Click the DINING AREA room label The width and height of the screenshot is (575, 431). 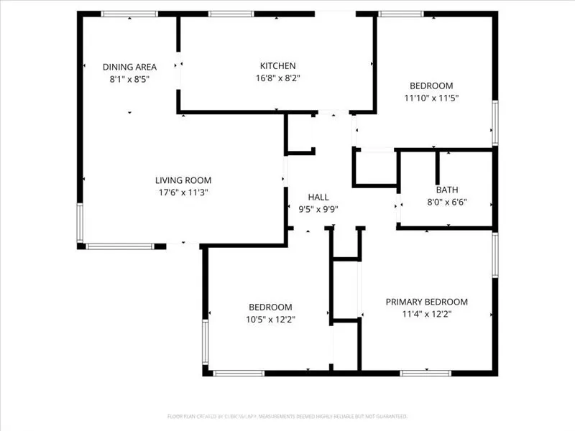[x=129, y=67]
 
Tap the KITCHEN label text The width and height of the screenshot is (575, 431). [x=277, y=66]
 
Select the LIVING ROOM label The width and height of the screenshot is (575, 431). [x=183, y=180]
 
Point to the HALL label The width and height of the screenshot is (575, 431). [x=318, y=197]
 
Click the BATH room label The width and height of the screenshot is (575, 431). [x=446, y=190]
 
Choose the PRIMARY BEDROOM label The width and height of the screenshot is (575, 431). [x=426, y=302]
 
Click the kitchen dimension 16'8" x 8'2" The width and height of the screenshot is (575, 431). [x=277, y=78]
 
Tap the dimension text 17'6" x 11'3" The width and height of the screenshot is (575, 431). [x=183, y=193]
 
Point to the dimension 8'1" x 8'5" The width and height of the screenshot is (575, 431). [x=129, y=80]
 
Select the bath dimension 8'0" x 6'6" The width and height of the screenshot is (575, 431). [x=446, y=203]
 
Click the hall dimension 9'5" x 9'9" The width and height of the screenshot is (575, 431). [x=318, y=209]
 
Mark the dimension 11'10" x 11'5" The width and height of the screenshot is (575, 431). [x=431, y=98]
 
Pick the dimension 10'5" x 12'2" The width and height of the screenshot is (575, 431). [x=270, y=319]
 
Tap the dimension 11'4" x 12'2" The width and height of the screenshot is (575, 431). [x=426, y=314]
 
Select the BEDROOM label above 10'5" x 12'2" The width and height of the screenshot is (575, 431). [x=270, y=307]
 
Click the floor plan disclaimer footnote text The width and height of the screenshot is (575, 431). [x=287, y=416]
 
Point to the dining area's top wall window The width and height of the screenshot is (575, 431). [x=129, y=14]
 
